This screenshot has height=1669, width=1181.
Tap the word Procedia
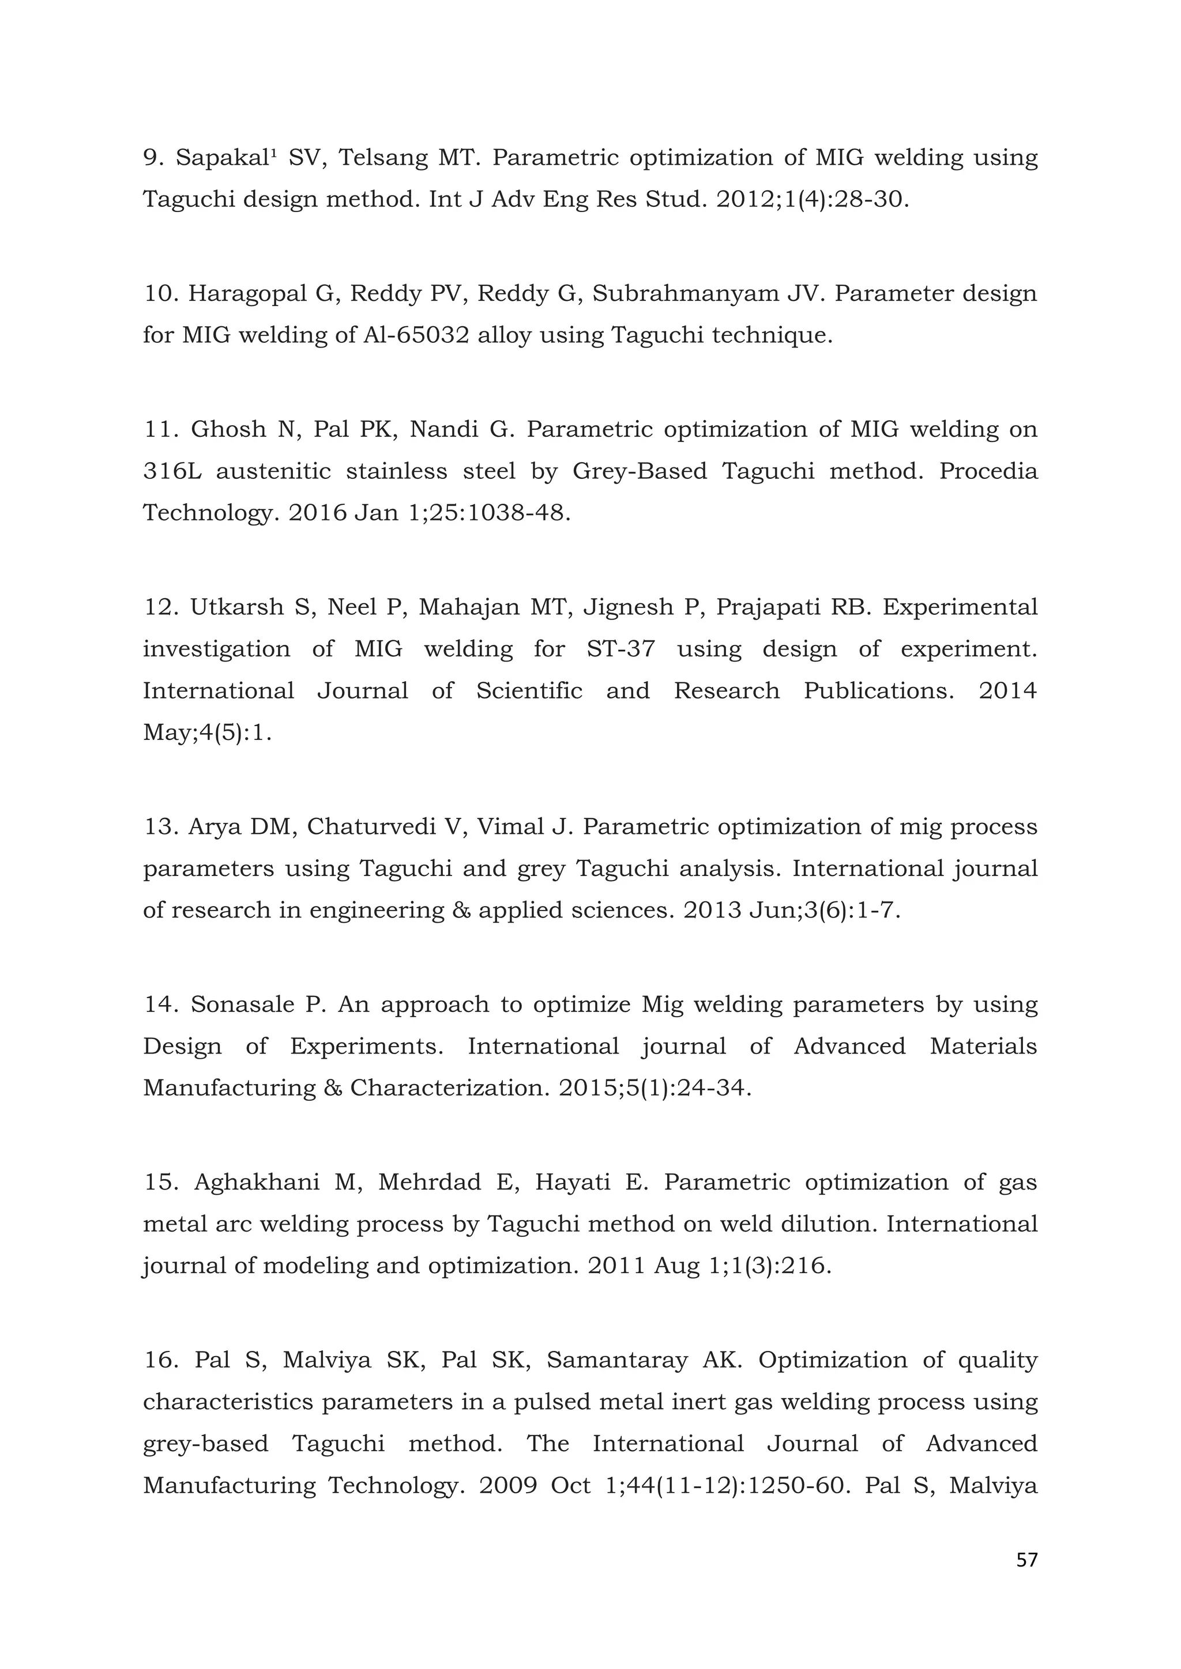988,471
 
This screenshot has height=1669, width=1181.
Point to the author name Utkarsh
236,606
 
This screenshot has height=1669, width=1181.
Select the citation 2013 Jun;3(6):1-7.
791,910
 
